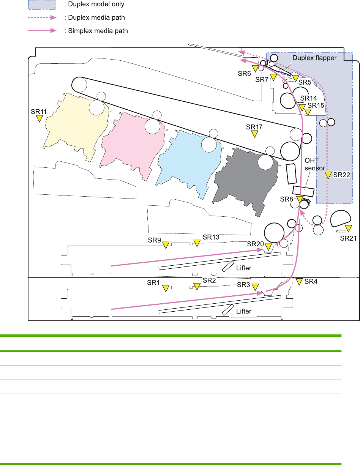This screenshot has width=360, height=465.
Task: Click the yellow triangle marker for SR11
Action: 39,118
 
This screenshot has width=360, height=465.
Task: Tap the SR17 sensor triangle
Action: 255,134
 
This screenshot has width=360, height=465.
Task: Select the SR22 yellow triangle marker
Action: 328,175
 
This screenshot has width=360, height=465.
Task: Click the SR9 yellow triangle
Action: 166,245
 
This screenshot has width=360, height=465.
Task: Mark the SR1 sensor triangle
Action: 166,288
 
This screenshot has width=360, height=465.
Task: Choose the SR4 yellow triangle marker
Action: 299,281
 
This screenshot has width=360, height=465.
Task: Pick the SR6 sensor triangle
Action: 255,68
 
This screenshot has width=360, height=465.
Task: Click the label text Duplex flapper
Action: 314,58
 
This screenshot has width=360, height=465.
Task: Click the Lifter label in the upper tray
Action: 243,268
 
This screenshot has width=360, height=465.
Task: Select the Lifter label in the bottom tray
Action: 243,311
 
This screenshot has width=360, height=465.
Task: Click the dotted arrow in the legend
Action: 42,17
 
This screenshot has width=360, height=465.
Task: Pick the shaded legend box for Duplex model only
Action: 42,5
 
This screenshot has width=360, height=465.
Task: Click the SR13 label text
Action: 211,237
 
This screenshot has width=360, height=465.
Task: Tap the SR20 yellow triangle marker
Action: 268,247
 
